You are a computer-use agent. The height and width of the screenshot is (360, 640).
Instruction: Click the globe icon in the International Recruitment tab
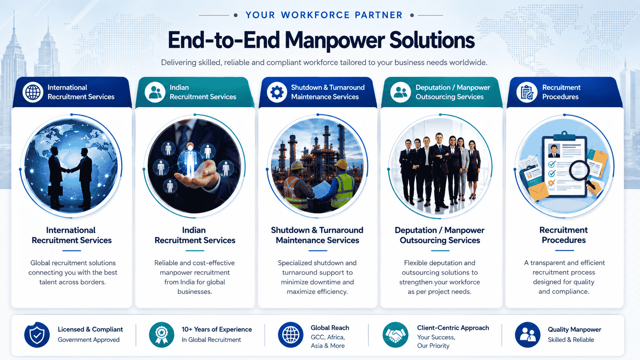click(33, 92)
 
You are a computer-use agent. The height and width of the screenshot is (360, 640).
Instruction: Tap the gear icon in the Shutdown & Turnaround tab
click(277, 92)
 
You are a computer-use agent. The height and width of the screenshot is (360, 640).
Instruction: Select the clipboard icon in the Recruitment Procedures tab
click(527, 92)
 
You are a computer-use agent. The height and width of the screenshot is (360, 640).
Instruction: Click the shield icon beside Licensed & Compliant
click(37, 335)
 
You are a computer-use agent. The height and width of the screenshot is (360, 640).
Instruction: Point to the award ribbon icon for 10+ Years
click(162, 335)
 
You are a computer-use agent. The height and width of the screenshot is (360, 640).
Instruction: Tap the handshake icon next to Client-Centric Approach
click(395, 335)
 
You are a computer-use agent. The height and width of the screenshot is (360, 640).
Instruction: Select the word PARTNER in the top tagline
click(379, 15)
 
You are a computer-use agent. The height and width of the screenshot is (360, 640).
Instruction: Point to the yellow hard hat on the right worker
click(341, 165)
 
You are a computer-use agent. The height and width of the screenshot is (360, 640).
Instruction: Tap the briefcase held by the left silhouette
click(55, 191)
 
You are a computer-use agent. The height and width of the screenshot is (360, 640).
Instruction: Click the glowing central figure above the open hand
click(190, 160)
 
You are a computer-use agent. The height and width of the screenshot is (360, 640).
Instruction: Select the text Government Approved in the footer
click(88, 340)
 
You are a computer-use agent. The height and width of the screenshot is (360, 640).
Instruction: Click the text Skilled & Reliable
click(571, 340)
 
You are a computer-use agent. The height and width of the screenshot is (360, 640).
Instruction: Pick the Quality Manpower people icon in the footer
click(527, 335)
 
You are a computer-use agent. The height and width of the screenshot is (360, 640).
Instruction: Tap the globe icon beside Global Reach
click(291, 335)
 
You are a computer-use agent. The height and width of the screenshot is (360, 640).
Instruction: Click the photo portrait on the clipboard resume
click(554, 151)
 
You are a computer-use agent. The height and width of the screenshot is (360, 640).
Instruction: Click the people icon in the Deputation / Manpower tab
click(400, 92)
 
